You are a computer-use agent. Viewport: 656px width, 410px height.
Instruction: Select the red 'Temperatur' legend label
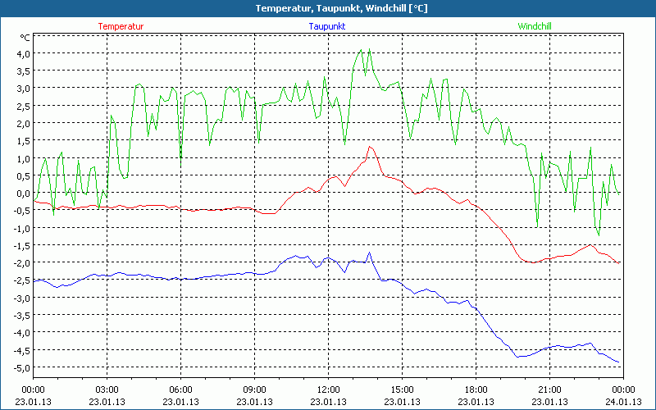click(x=121, y=26)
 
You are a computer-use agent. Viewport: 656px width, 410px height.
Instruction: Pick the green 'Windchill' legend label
click(x=534, y=26)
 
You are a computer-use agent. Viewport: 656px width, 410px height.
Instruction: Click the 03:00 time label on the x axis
click(x=107, y=389)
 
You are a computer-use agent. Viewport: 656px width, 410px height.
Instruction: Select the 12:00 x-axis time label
click(x=328, y=389)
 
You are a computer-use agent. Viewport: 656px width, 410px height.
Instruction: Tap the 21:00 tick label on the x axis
click(x=549, y=389)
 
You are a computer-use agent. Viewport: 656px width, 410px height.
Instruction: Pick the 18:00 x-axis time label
click(x=476, y=389)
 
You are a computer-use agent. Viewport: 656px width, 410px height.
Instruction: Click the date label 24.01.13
click(x=623, y=402)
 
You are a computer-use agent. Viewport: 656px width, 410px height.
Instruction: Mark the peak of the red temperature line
click(x=371, y=146)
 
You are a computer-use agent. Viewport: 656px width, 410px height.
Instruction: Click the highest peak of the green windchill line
click(x=362, y=48)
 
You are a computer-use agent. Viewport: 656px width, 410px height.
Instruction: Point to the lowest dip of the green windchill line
click(x=599, y=235)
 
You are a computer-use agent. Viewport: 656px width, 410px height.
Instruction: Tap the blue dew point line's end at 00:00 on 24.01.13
click(x=620, y=363)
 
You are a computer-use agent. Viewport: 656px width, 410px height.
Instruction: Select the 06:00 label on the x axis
click(x=180, y=389)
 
